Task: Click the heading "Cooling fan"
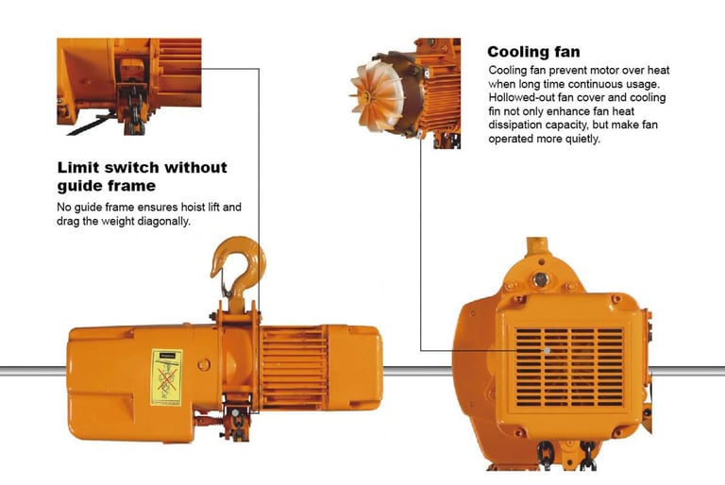tap(533, 51)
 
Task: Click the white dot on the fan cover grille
tap(547, 350)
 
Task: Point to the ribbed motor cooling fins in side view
tap(289, 358)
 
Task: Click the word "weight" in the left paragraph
tap(119, 220)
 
